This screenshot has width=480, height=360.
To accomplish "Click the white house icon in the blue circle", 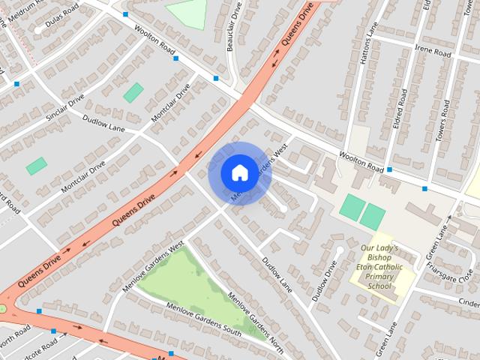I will pyautogui.click(x=238, y=172).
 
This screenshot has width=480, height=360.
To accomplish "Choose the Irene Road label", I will pyautogui.click(x=436, y=53).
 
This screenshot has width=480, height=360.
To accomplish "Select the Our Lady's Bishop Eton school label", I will pyautogui.click(x=381, y=267).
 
